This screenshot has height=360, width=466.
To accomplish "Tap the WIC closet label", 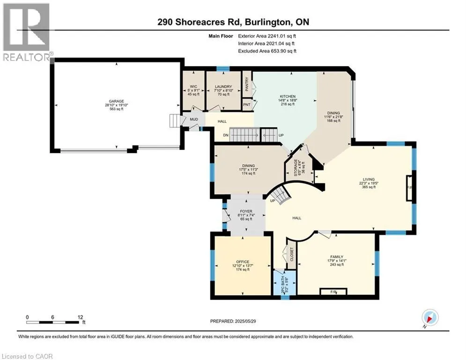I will [193, 86].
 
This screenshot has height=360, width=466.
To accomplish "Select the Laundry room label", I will [223, 86].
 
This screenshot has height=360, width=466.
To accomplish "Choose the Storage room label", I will [296, 167].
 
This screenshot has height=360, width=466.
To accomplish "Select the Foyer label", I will [246, 211].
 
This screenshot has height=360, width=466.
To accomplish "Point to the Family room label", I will [337, 257].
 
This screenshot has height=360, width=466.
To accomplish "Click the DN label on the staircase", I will [226, 135].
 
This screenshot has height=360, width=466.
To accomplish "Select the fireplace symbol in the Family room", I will [333, 292].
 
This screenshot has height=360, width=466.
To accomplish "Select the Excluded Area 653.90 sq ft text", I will [267, 51].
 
